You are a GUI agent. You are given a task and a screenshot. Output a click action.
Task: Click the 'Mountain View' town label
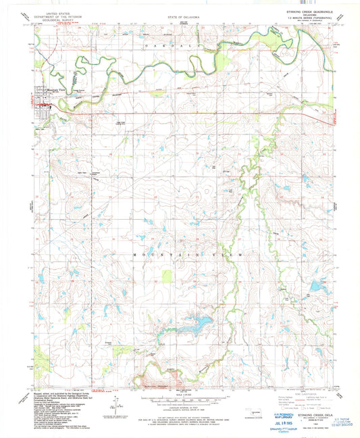point(56,90)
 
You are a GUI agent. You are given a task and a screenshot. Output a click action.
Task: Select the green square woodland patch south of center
point(168,276)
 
